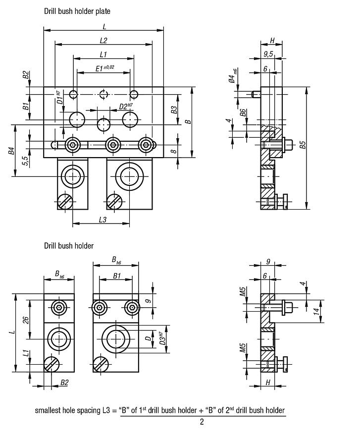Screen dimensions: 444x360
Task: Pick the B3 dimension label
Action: [174, 110]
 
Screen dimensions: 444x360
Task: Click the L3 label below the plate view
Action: [103, 220]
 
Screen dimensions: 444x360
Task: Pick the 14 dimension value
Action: [317, 311]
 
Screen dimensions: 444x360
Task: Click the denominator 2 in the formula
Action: [202, 422]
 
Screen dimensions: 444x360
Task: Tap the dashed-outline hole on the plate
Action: [103, 94]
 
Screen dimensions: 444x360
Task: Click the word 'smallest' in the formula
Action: [49, 410]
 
